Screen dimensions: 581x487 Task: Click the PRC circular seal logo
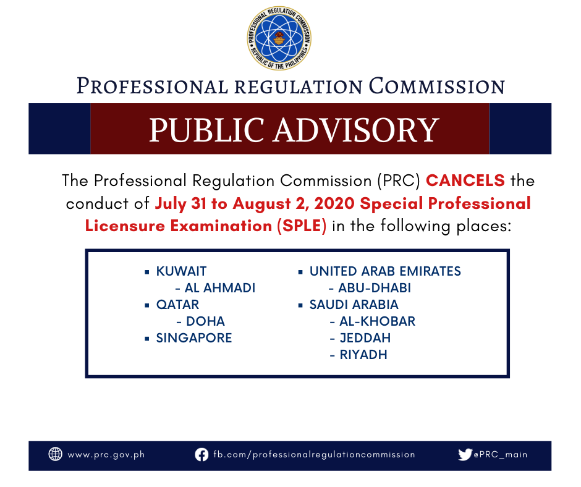click(x=279, y=38)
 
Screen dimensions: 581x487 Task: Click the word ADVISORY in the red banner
click(x=356, y=130)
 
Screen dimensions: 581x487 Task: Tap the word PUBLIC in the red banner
click(x=206, y=130)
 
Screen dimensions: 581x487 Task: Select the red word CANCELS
click(x=465, y=180)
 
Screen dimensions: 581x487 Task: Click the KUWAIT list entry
click(x=181, y=271)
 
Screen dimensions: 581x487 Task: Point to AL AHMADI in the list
click(x=219, y=288)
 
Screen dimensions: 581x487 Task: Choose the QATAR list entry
click(x=177, y=305)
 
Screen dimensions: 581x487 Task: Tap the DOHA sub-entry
click(x=205, y=321)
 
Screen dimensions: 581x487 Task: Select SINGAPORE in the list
click(x=194, y=338)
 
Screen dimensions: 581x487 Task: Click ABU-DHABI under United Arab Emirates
click(x=374, y=288)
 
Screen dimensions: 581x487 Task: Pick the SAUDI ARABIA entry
click(x=354, y=305)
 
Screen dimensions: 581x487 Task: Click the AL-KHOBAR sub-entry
click(x=377, y=321)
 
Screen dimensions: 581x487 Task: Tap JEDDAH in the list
click(x=365, y=338)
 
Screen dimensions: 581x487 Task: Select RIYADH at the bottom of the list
click(x=363, y=355)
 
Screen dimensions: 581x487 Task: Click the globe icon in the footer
click(x=56, y=454)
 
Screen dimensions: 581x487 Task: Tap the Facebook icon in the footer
click(x=201, y=455)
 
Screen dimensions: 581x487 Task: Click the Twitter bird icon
click(x=465, y=454)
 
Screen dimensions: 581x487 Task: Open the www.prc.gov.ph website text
click(x=106, y=455)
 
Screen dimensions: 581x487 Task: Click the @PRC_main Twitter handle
click(x=501, y=455)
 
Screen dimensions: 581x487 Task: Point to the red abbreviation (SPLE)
click(x=302, y=226)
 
